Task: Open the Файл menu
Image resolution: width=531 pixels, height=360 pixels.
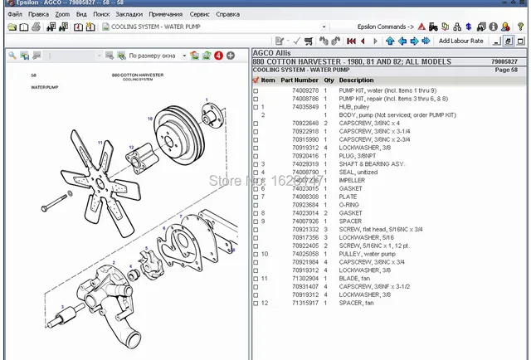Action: (x=13, y=14)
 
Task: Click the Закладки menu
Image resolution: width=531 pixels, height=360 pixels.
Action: (x=128, y=14)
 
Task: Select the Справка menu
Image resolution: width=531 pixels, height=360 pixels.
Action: (x=227, y=14)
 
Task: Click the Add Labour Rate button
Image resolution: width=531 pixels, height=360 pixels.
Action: (x=460, y=41)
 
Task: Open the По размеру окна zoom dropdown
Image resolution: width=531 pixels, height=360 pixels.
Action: (x=153, y=56)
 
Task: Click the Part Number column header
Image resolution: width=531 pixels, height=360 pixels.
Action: (x=300, y=80)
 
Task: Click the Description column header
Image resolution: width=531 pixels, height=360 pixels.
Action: (x=356, y=80)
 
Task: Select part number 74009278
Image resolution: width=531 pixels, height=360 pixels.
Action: (x=294, y=90)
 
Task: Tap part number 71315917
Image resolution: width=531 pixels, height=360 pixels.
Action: (x=294, y=302)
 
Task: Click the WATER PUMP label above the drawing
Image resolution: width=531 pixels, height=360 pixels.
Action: (x=45, y=85)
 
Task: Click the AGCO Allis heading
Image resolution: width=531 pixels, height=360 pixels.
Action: (x=272, y=54)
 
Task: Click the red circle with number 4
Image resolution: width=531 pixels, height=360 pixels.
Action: (x=218, y=56)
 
